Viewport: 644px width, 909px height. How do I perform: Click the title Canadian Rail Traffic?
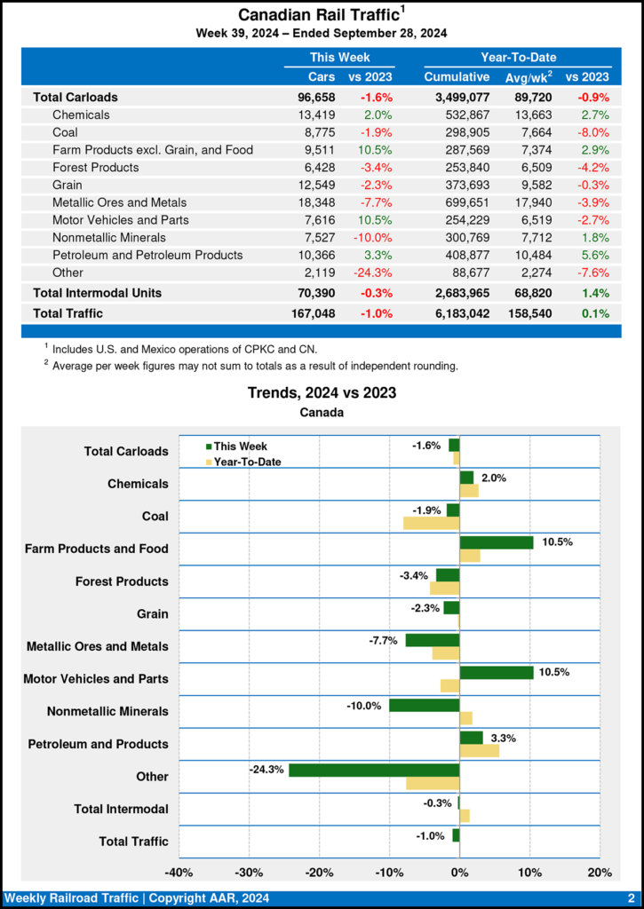[x=317, y=16]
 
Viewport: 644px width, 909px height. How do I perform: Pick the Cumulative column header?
[x=457, y=77]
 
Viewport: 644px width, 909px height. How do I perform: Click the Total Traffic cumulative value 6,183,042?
[x=457, y=312]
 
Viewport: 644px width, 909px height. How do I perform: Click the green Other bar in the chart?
[x=374, y=770]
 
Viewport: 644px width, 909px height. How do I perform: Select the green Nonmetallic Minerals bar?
[x=424, y=705]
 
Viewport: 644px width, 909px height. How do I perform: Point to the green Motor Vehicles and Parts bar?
[x=497, y=672]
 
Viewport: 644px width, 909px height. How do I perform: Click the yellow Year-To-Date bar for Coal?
[x=431, y=524]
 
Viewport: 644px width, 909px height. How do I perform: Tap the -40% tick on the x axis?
[x=179, y=873]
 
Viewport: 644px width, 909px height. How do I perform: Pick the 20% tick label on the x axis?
[x=600, y=873]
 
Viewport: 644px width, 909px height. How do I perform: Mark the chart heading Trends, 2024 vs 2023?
[x=322, y=392]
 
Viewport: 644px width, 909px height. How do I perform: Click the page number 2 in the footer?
[x=630, y=898]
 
